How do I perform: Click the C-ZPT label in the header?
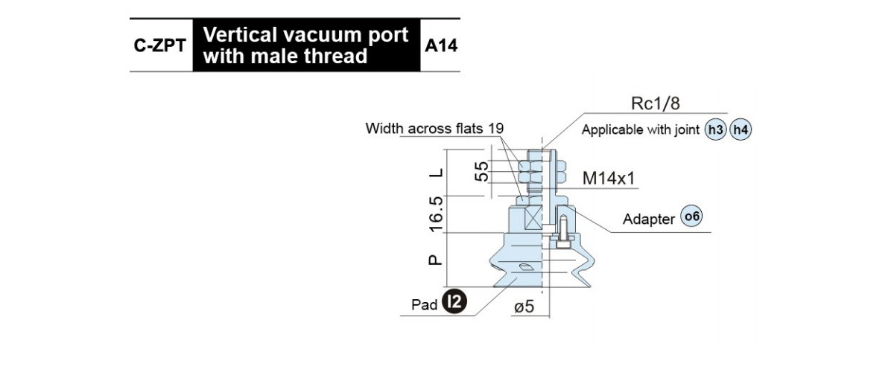(159, 45)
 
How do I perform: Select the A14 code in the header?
(440, 45)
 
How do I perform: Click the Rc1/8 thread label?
(656, 103)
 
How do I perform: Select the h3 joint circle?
(716, 129)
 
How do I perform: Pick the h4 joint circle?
(741, 129)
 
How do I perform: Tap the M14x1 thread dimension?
(608, 179)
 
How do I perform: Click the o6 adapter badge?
(691, 216)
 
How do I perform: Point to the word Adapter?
(649, 219)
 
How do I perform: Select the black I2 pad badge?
(454, 301)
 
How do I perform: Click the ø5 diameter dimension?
(524, 307)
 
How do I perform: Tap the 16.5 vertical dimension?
(437, 214)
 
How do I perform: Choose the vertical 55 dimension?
(482, 171)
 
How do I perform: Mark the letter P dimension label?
(435, 260)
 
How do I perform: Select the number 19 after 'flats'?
(495, 129)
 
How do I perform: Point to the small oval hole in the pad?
(524, 267)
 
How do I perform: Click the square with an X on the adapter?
(533, 218)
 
